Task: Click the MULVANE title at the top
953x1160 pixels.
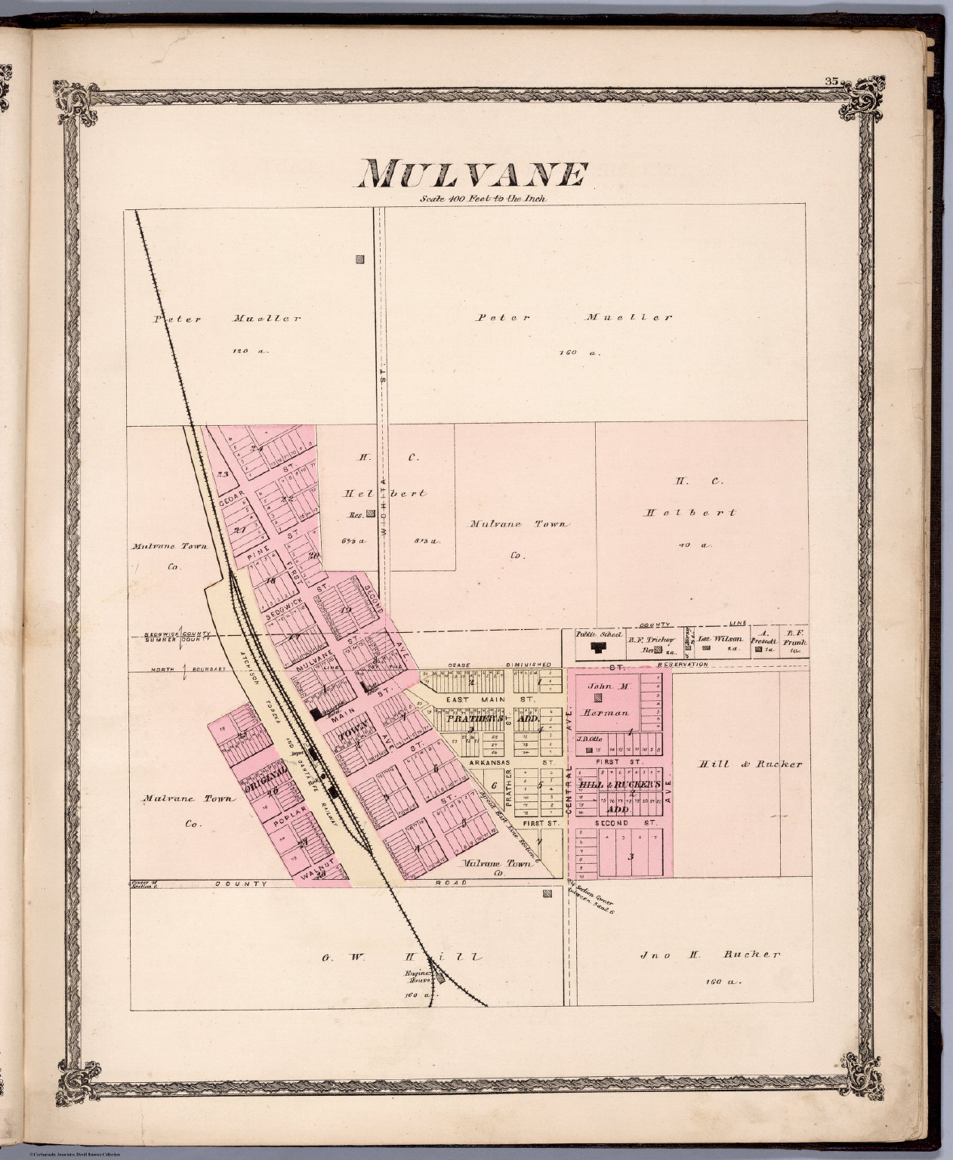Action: (x=473, y=175)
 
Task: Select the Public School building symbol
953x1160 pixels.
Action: (x=600, y=648)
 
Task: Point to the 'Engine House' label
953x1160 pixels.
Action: (x=421, y=978)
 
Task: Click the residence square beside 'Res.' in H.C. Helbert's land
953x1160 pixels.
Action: (x=372, y=516)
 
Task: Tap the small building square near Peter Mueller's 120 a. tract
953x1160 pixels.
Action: (x=359, y=260)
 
